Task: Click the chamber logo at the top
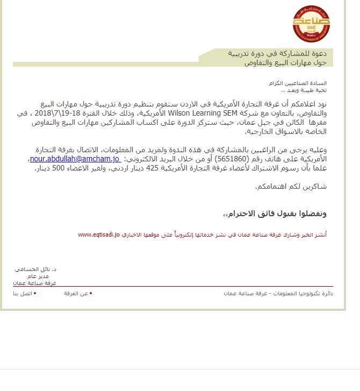pyautogui.click(x=311, y=24)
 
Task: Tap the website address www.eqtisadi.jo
pyautogui.click(x=99, y=235)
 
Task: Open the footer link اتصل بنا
pyautogui.click(x=23, y=294)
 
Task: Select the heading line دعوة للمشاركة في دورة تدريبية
pyautogui.click(x=277, y=54)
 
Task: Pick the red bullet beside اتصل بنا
pyautogui.click(x=35, y=293)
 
